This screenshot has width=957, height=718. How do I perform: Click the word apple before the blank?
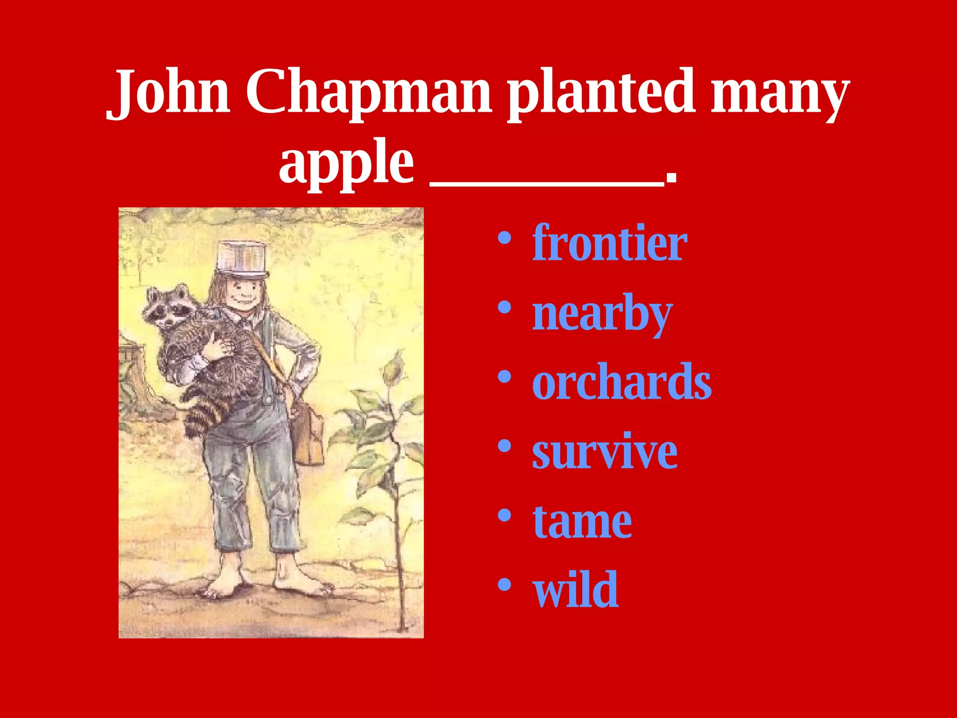point(346,164)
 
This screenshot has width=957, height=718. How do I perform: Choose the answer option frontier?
point(609,243)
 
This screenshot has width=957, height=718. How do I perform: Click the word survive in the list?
point(605,452)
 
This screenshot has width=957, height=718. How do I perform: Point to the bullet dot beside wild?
point(504,585)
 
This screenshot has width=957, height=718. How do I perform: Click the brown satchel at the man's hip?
point(306,435)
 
